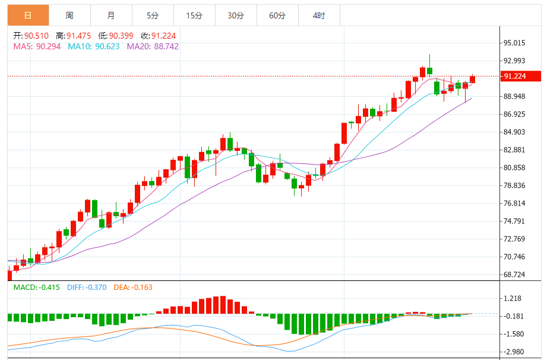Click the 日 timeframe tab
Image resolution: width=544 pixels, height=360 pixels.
pos(28,15)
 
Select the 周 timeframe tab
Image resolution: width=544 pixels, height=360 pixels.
pos(69,15)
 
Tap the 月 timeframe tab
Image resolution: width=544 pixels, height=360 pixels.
pos(111,15)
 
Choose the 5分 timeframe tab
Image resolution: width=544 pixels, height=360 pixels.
pos(153,15)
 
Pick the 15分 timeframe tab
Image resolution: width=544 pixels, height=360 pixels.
pos(194,15)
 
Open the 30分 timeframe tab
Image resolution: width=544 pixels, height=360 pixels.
pos(236,15)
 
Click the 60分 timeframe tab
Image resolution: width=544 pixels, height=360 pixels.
pos(277,15)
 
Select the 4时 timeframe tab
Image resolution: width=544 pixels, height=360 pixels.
pos(319,15)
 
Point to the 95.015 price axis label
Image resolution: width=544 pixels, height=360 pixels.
pos(515,43)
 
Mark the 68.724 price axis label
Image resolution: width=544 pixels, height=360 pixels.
pos(515,274)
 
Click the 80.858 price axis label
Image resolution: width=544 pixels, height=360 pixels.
pos(515,168)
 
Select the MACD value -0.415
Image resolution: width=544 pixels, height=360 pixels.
pos(50,288)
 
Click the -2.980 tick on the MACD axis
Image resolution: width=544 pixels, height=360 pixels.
pos(515,352)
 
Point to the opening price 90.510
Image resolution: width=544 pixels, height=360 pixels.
pos(37,36)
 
